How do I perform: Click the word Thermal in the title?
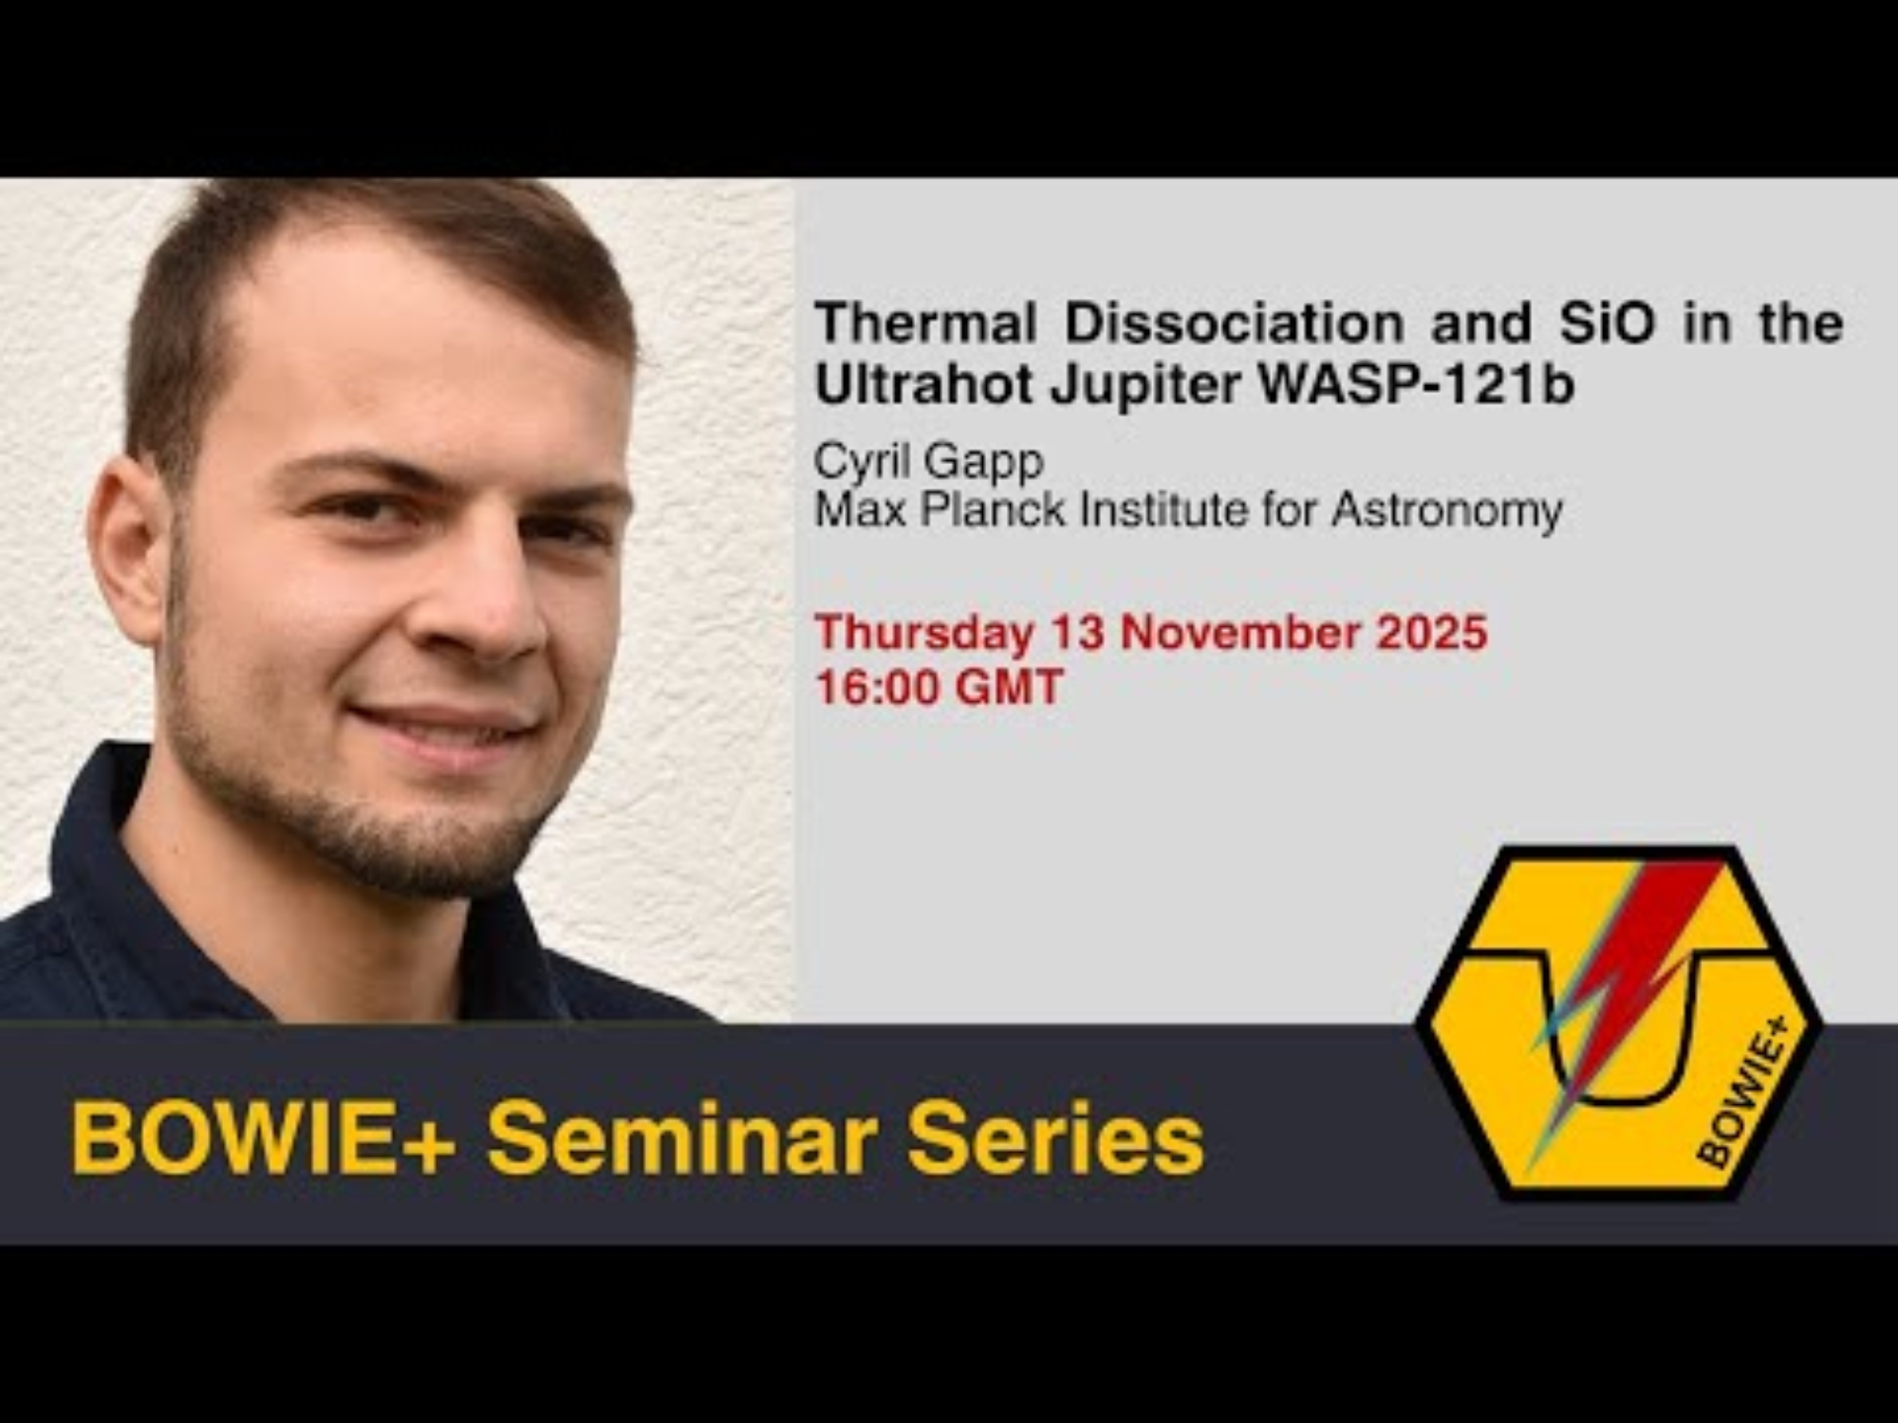tap(924, 323)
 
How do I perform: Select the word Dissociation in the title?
tap(1234, 323)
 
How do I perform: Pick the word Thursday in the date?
tap(923, 634)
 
